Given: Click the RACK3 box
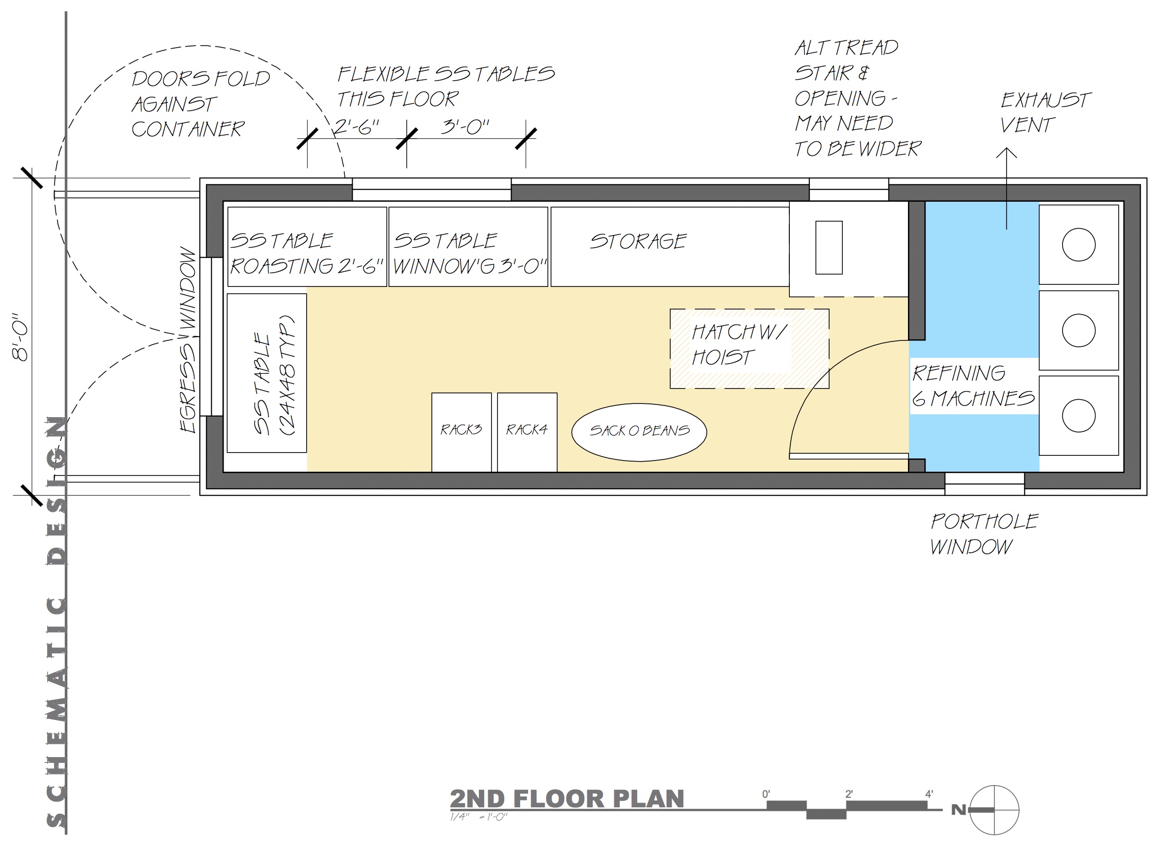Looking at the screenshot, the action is tap(461, 432).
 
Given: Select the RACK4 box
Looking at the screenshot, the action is tap(527, 432).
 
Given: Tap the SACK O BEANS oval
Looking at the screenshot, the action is tap(639, 431).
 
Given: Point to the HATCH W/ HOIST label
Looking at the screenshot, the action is tap(740, 345).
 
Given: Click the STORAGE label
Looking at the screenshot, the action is tap(638, 241).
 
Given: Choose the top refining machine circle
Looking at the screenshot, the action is tap(1079, 245).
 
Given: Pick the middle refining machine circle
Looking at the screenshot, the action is tap(1079, 330).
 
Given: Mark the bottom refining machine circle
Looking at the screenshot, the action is tap(1079, 416).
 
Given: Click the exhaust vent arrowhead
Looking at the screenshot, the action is tap(1006, 152).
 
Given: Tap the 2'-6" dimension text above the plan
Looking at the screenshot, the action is tap(357, 127).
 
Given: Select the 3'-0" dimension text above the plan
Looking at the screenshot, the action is tap(465, 127).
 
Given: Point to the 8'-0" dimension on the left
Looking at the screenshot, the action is tap(22, 342).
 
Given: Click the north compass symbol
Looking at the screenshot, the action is tap(994, 810).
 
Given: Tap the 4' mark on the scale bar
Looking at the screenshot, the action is tap(929, 794).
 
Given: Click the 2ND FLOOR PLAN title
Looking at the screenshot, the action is tap(567, 799).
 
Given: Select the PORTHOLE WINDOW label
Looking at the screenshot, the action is tap(984, 534).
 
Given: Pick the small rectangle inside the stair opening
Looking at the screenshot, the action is tap(829, 247).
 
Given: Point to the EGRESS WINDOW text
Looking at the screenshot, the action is tap(188, 340).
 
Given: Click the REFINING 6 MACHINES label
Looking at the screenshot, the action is tap(973, 385).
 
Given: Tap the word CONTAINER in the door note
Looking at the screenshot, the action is tap(188, 129).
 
